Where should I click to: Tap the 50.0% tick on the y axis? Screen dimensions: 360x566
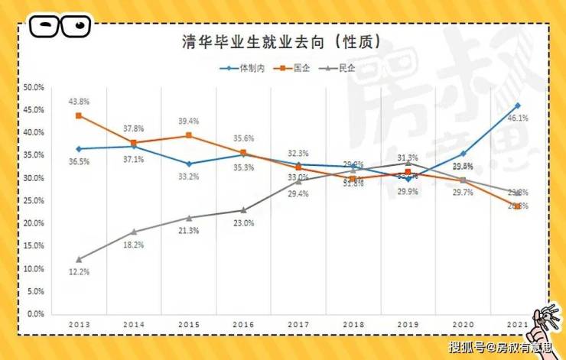point(33,87)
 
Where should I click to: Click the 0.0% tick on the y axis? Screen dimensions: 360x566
point(35,314)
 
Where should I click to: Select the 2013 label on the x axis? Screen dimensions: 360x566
point(79,324)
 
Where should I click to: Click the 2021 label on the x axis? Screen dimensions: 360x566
point(517,324)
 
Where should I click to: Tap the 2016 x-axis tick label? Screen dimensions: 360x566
point(243,324)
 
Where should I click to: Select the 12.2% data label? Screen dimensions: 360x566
point(80,273)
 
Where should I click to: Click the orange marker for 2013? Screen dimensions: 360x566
point(79,115)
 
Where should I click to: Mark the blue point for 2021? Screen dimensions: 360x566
point(518,105)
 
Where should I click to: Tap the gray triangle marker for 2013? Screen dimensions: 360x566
point(79,259)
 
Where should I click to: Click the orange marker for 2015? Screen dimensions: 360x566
point(188,135)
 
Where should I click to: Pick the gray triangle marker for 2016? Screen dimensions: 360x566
point(243,210)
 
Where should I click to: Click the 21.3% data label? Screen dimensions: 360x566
point(189,231)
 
